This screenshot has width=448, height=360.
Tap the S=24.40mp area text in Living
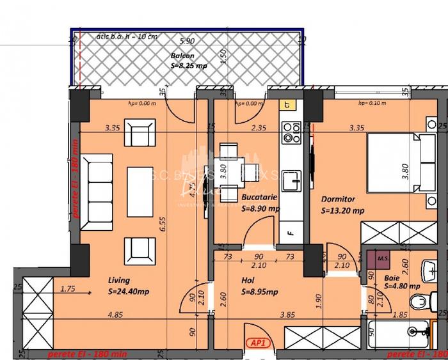pos(130,292)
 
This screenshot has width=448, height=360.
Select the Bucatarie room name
pos(259,198)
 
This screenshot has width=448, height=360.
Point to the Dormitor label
pos(339,200)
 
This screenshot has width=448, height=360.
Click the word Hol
pos(248,280)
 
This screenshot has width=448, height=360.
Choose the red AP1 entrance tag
pos(259,343)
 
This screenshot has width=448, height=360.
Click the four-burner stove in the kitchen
pos(292,131)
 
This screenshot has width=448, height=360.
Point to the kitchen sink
pos(292,178)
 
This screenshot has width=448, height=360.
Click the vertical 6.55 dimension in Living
pos(163,222)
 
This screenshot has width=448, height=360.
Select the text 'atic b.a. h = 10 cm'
pos(125,36)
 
